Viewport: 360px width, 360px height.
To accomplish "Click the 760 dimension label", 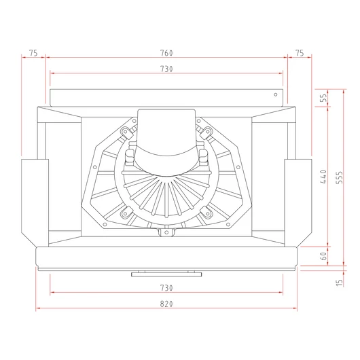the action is coord(166,53).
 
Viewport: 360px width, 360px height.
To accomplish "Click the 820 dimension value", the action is coord(166,304).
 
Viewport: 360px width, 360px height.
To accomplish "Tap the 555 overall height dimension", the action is coord(339,177).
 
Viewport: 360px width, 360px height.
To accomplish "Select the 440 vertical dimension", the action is coord(323,177).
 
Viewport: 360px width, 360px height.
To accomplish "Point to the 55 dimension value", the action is coord(323,98).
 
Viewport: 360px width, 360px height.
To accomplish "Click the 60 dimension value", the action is coord(323,256).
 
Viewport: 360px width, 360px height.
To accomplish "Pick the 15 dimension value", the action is coord(339,283).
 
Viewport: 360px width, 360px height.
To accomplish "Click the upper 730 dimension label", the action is coord(166,69).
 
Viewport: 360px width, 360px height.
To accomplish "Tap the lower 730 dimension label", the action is coord(166,288).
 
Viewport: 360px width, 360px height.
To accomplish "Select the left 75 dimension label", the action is coord(33,53).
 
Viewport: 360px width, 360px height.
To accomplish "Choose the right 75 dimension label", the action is coord(300,53).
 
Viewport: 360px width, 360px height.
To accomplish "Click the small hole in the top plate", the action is coord(276,94).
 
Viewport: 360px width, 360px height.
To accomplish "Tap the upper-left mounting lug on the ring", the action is coord(126,132).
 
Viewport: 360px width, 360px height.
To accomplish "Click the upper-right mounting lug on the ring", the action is coord(206,132).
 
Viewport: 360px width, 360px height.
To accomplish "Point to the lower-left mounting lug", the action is coord(126,213).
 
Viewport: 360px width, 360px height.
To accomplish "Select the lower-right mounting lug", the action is coord(206,213).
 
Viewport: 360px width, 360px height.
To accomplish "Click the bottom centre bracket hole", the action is coord(166,232).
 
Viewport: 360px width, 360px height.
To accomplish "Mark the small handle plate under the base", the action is coord(166,274).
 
